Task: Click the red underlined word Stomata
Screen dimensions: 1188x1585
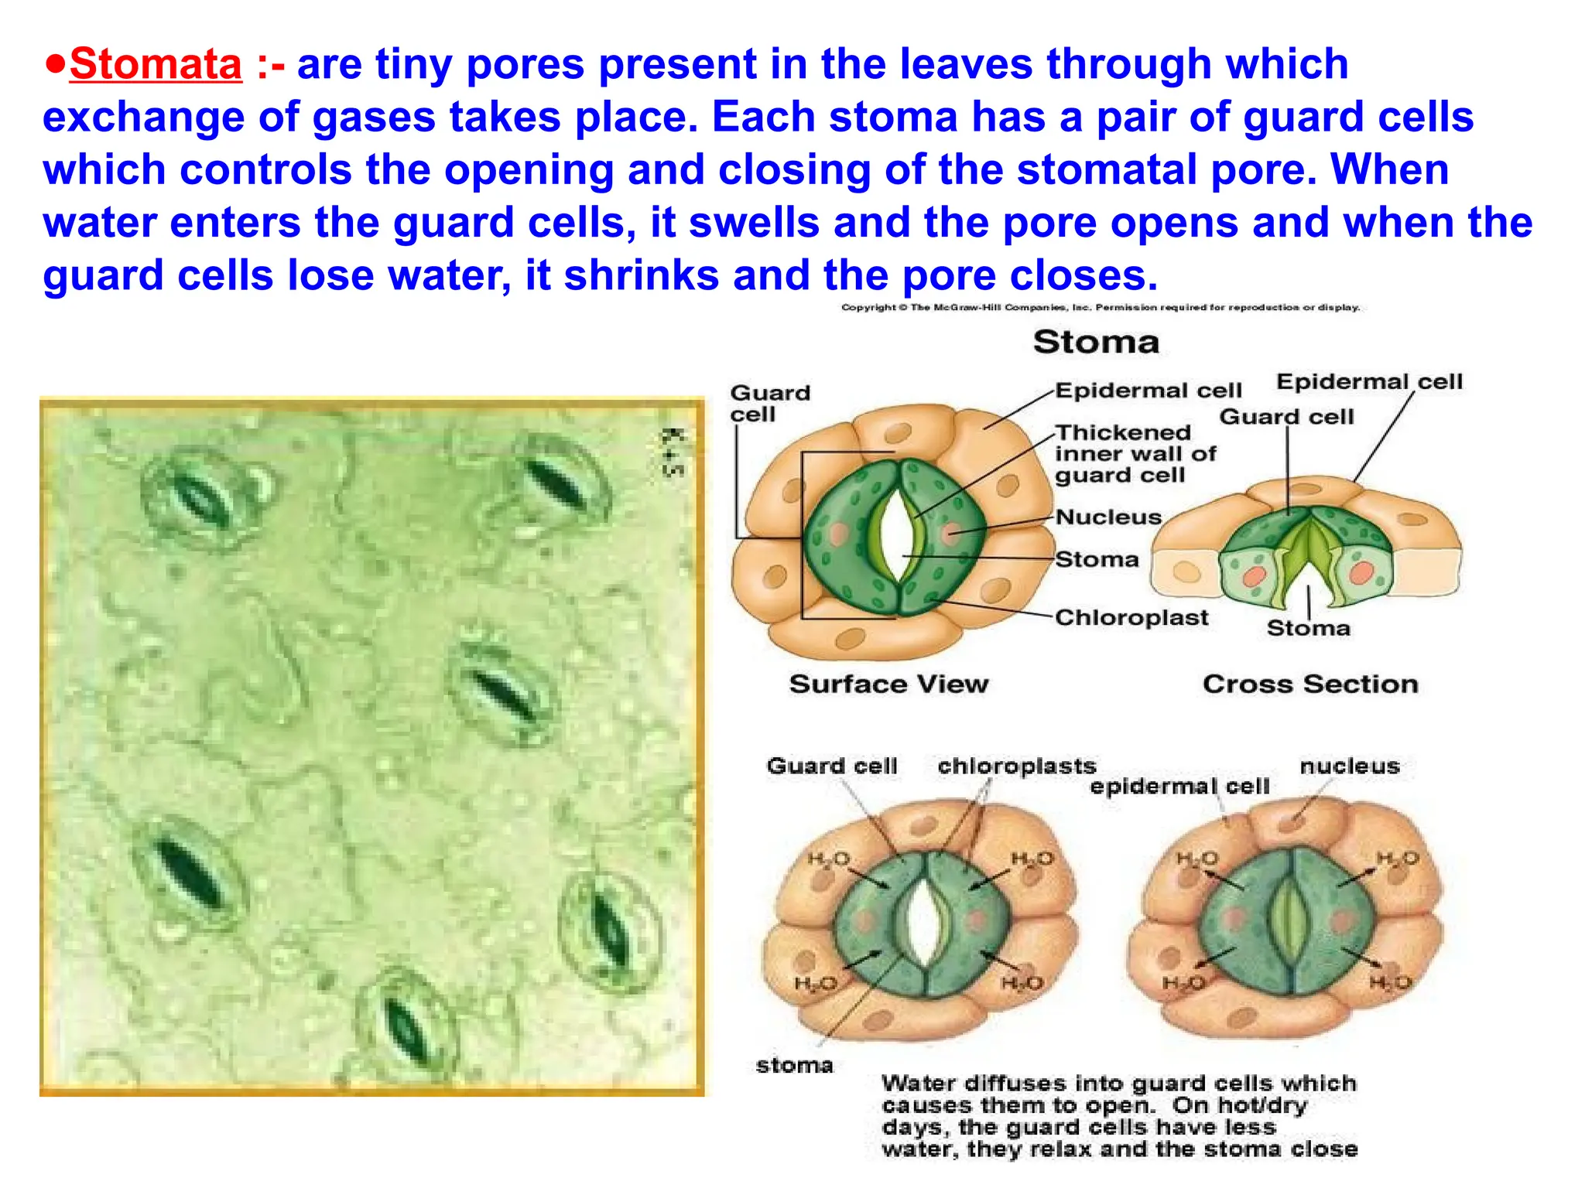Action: [155, 64]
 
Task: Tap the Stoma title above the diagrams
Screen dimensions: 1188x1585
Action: [1096, 342]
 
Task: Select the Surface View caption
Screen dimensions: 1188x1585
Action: [888, 684]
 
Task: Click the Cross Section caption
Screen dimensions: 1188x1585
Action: [1310, 684]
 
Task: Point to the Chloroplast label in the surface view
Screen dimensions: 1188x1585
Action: [1131, 617]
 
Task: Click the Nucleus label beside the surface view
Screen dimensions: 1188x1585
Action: [1108, 517]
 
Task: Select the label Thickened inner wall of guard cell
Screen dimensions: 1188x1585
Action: [1135, 453]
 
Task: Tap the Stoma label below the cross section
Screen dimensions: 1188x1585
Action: [1308, 628]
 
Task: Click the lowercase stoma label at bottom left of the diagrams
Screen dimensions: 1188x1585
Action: [794, 1065]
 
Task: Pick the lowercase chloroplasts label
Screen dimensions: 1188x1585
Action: [1016, 766]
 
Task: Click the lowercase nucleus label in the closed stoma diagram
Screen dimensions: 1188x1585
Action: [1349, 766]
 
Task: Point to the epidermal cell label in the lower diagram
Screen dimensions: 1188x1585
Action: [1179, 787]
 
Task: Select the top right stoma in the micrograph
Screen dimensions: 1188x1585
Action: [554, 483]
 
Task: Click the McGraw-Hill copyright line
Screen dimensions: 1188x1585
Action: [1100, 308]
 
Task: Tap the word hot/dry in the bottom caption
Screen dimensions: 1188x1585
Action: [1261, 1105]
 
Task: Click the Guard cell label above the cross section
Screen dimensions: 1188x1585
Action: [1286, 417]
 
